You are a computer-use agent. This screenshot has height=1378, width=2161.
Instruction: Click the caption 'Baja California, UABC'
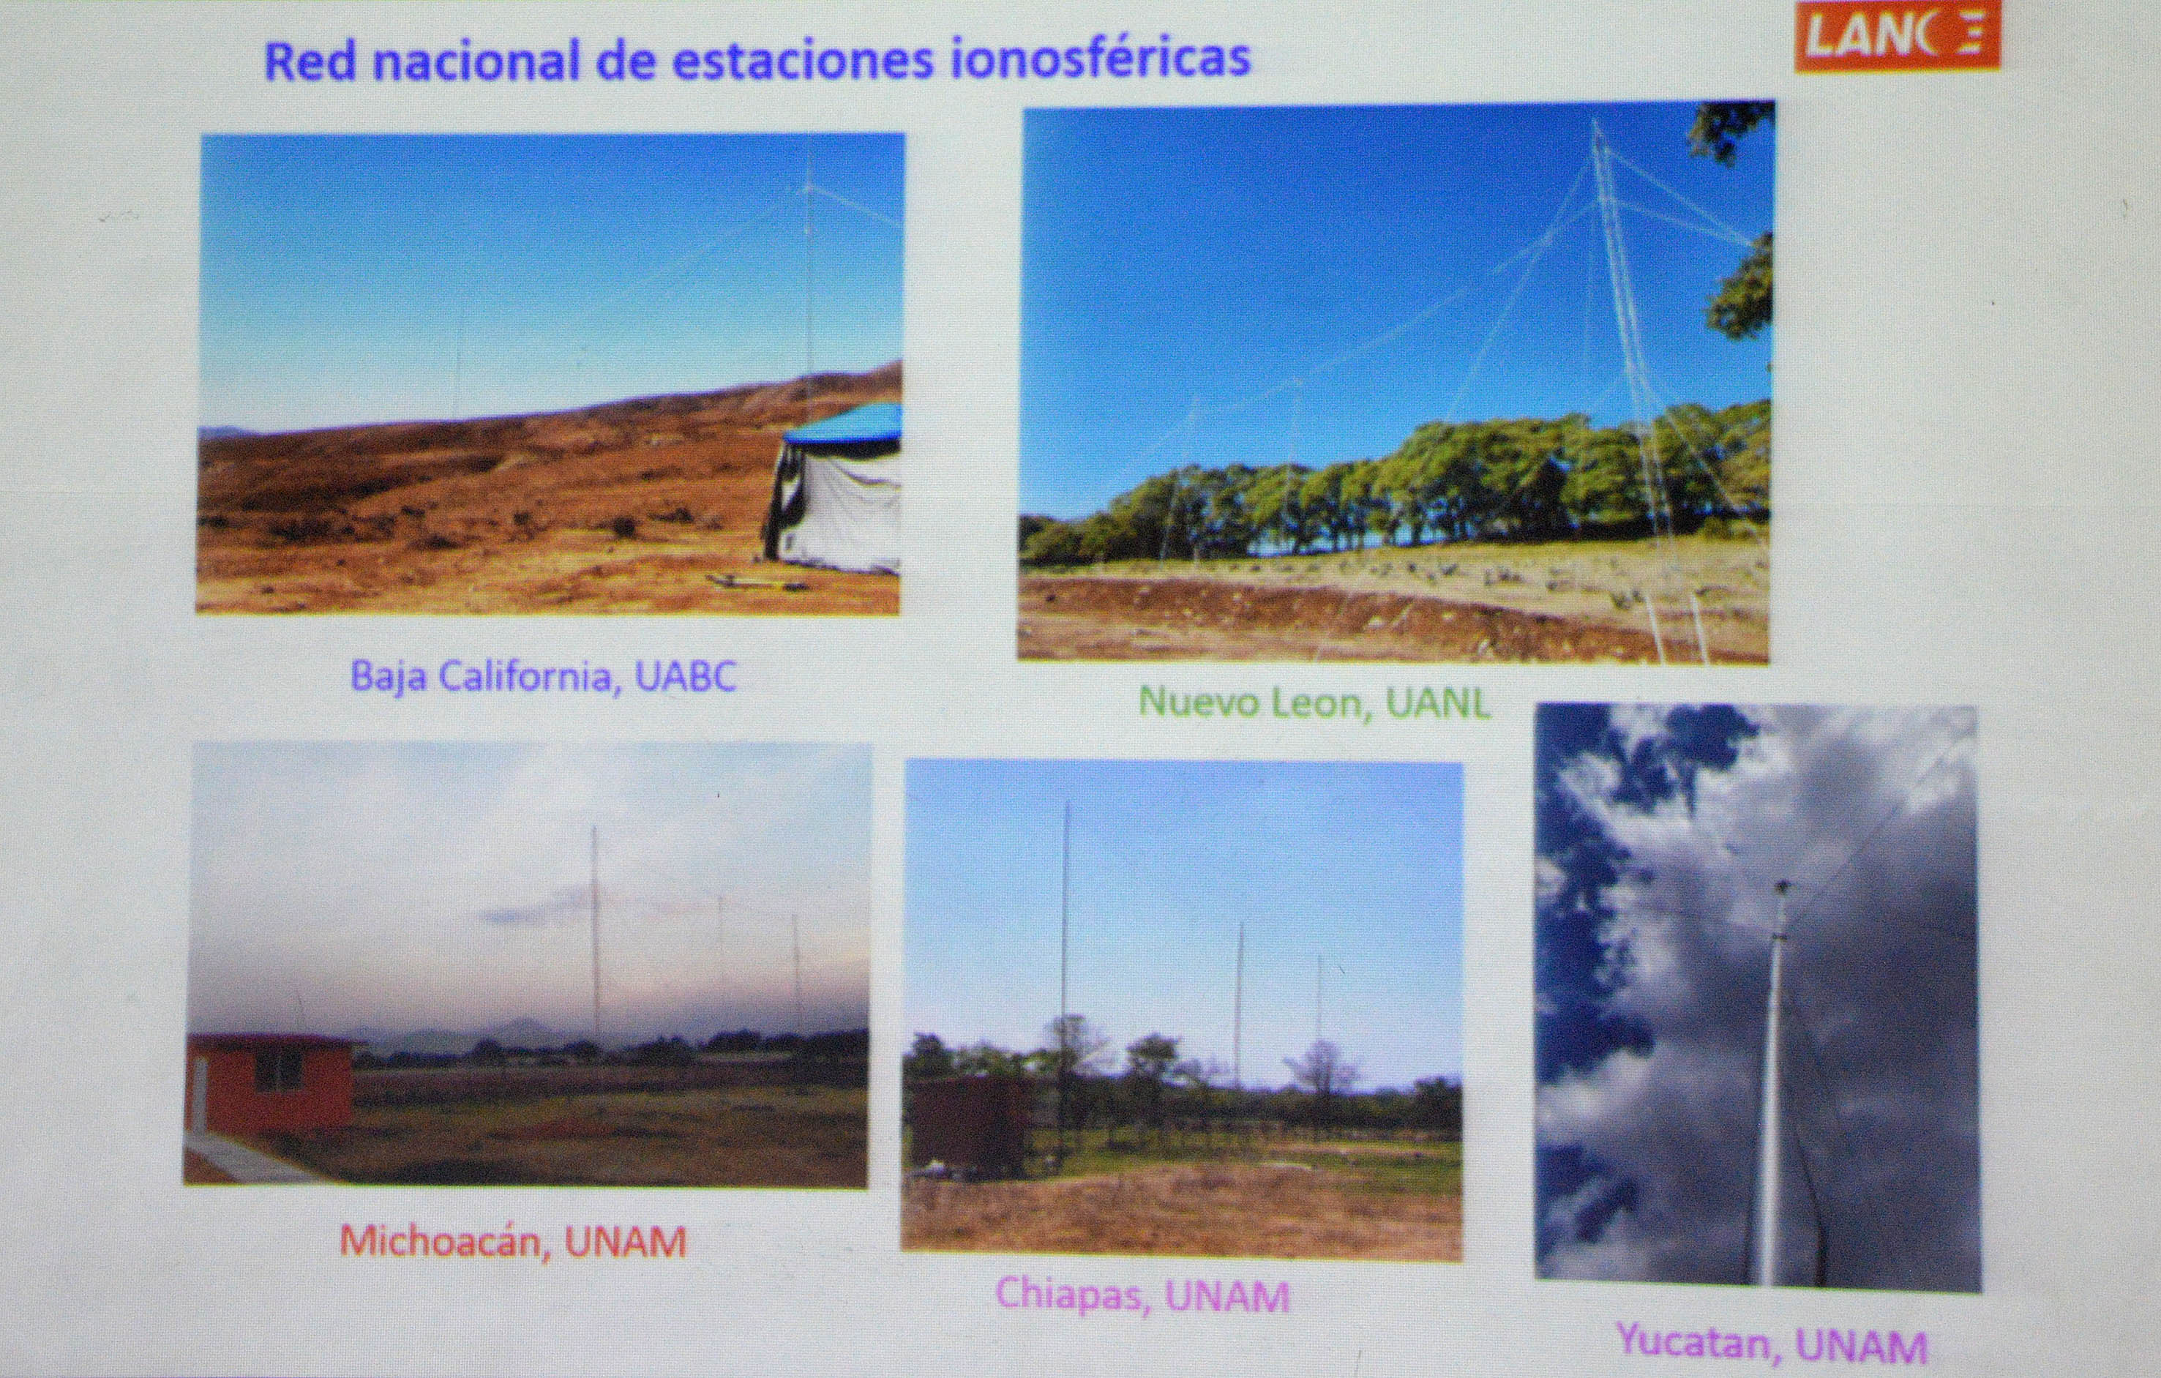[544, 676]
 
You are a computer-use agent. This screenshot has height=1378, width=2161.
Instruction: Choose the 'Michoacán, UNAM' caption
[513, 1242]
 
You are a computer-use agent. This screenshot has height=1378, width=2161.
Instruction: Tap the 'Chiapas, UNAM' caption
[1142, 1295]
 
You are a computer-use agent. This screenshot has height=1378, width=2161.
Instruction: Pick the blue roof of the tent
[844, 422]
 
